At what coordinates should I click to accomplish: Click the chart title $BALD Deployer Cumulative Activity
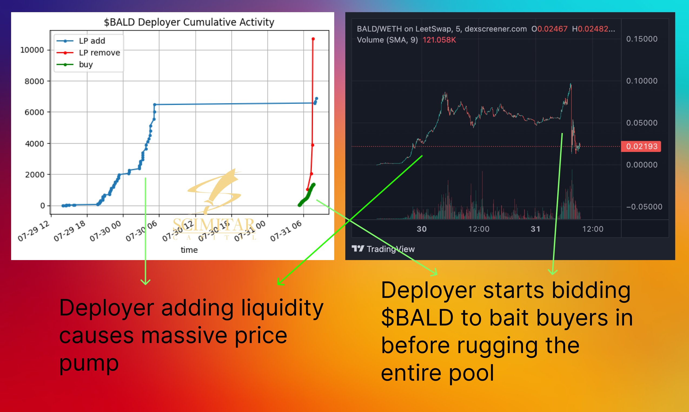pyautogui.click(x=189, y=22)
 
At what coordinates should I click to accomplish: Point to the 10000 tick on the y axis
pyautogui.click(x=32, y=50)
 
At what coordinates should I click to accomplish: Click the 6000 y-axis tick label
pyautogui.click(x=34, y=112)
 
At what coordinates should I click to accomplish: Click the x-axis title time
pyautogui.click(x=189, y=250)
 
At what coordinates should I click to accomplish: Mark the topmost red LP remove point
pyautogui.click(x=313, y=39)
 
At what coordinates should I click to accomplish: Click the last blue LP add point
pyautogui.click(x=316, y=99)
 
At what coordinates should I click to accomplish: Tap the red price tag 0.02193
pyautogui.click(x=641, y=146)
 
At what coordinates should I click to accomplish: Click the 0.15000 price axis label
pyautogui.click(x=641, y=39)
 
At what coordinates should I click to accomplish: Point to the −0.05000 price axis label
pyautogui.click(x=644, y=207)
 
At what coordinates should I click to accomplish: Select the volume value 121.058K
pyautogui.click(x=439, y=40)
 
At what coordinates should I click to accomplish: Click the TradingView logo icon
pyautogui.click(x=357, y=248)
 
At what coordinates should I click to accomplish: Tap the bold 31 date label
pyautogui.click(x=535, y=229)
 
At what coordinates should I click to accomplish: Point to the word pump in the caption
pyautogui.click(x=89, y=363)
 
